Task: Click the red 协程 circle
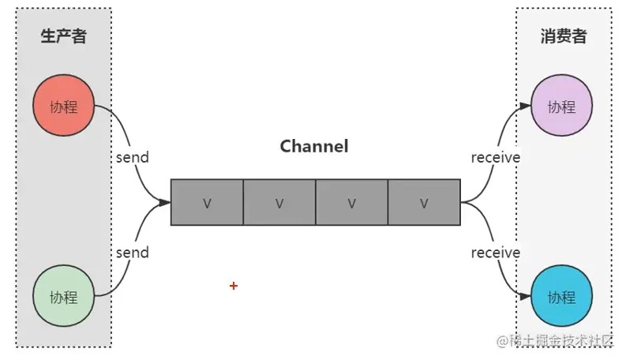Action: [64, 107]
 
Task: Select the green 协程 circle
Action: [64, 297]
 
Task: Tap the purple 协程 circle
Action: [561, 107]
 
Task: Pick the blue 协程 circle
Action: [561, 297]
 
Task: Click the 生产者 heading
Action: [63, 36]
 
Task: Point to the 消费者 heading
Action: [564, 36]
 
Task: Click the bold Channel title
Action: [314, 146]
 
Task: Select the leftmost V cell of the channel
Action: [207, 203]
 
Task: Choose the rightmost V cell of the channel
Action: [424, 203]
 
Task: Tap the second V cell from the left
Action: [279, 203]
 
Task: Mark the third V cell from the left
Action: [351, 203]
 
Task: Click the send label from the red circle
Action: [132, 157]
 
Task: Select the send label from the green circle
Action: [132, 253]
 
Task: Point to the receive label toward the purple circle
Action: [496, 157]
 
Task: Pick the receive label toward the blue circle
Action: [496, 253]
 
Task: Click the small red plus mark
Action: [234, 286]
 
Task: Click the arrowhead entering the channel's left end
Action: [165, 202]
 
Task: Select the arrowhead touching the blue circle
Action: [525, 297]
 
